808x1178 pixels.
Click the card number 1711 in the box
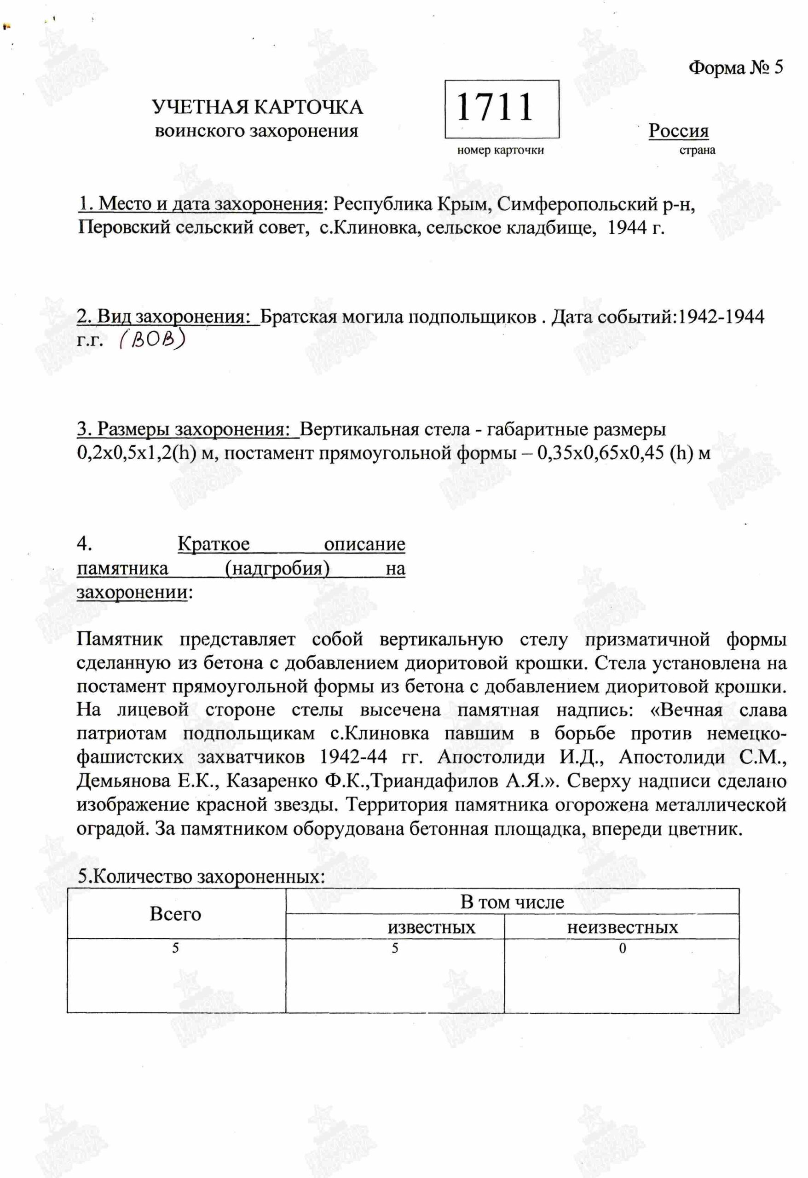[495, 108]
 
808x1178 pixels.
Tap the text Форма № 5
[735, 68]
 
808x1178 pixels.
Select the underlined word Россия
[678, 131]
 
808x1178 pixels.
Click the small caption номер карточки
[500, 150]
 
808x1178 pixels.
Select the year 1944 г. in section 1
[635, 229]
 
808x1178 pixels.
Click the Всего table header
[175, 914]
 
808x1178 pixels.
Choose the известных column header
[431, 927]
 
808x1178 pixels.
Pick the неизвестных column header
[622, 927]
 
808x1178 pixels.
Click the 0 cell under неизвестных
[623, 948]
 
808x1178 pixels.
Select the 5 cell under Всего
[175, 948]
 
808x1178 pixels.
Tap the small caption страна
[697, 150]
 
